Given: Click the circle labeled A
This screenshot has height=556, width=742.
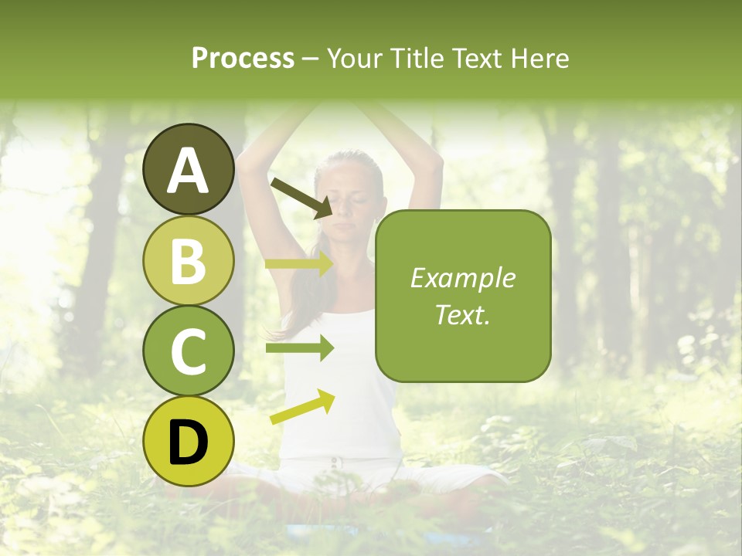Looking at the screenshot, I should (x=188, y=169).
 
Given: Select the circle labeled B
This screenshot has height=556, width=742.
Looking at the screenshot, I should (x=188, y=260).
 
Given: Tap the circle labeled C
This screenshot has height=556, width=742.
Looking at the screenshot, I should (x=188, y=351).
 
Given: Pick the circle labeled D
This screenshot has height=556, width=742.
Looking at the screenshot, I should (x=188, y=442).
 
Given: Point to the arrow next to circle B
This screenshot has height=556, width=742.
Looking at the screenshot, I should (x=299, y=263).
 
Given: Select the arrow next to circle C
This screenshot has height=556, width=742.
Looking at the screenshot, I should (x=299, y=348).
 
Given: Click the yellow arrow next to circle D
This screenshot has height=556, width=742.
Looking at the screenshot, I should (x=302, y=407).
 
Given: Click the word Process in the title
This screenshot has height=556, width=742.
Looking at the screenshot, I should (x=243, y=58).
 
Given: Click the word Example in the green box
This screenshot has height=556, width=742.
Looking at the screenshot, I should (x=462, y=278).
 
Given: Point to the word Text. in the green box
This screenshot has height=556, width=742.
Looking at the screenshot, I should (x=462, y=314).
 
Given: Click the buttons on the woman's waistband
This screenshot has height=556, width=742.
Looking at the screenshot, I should (x=335, y=463).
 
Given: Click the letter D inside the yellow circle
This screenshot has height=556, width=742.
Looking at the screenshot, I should (x=188, y=442).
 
